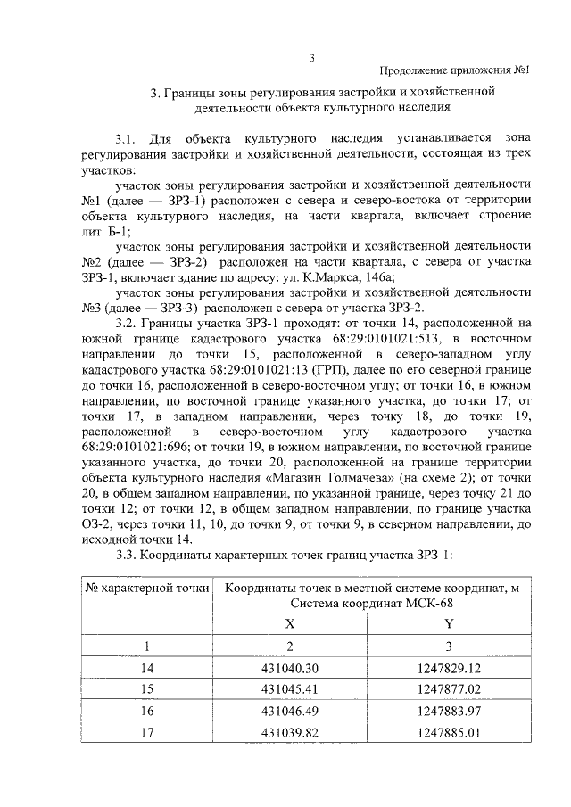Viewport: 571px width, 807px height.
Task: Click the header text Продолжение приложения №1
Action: (x=455, y=70)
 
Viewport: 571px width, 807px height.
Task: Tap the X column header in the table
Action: (x=290, y=624)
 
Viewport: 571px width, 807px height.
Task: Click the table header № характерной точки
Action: (x=147, y=589)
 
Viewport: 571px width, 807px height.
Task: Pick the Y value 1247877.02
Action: (x=449, y=688)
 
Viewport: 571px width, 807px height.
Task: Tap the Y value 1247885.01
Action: (x=449, y=732)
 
